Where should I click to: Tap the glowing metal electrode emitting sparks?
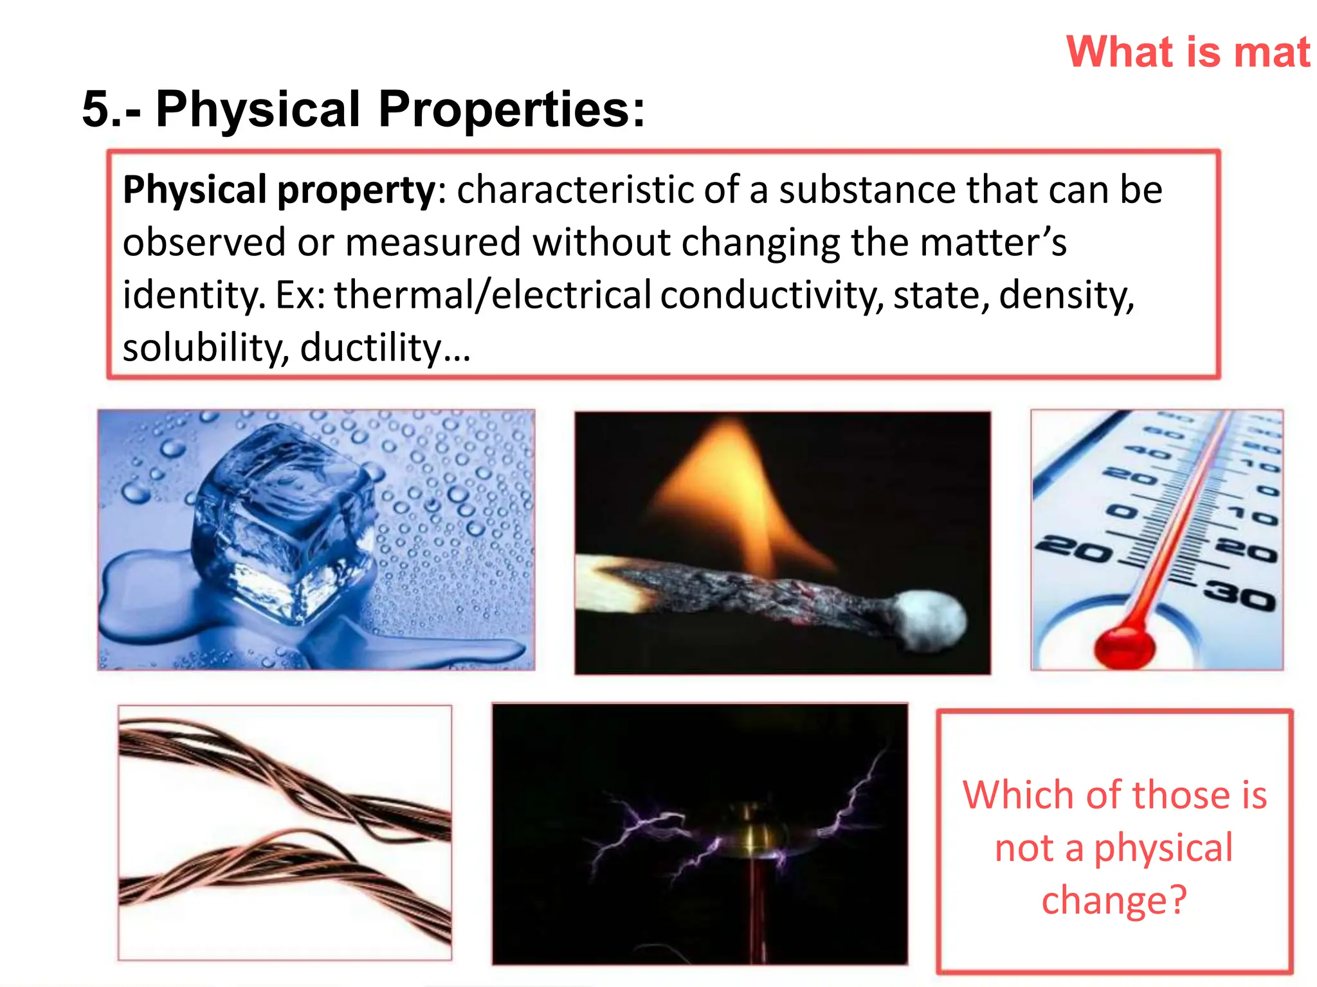(749, 835)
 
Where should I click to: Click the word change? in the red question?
(1114, 900)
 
